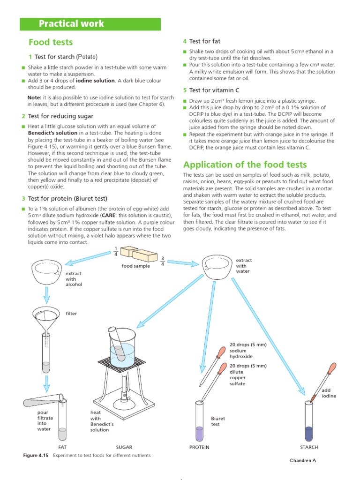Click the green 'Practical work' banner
90,24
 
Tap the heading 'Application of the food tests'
245,165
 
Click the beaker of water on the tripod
122,349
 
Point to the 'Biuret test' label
218,421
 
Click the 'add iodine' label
329,393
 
